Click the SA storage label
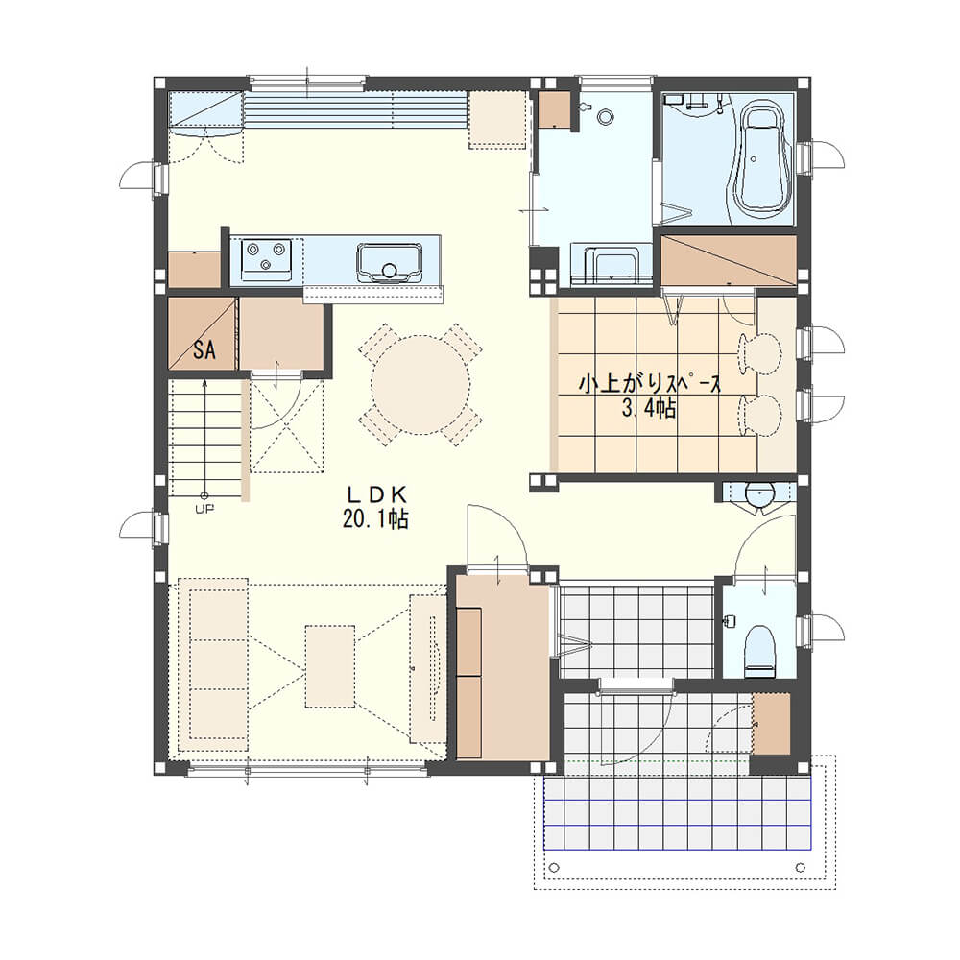[204, 349]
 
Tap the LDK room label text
[377, 493]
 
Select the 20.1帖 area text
[376, 519]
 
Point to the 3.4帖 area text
[649, 408]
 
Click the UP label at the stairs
[204, 508]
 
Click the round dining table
[421, 385]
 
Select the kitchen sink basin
[390, 263]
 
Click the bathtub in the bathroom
[760, 162]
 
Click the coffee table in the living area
[330, 666]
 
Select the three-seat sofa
[213, 665]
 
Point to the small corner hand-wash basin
[759, 493]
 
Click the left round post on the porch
[555, 867]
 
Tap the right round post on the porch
[800, 867]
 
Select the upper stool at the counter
[759, 350]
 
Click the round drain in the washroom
[606, 116]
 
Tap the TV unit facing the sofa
[427, 668]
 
